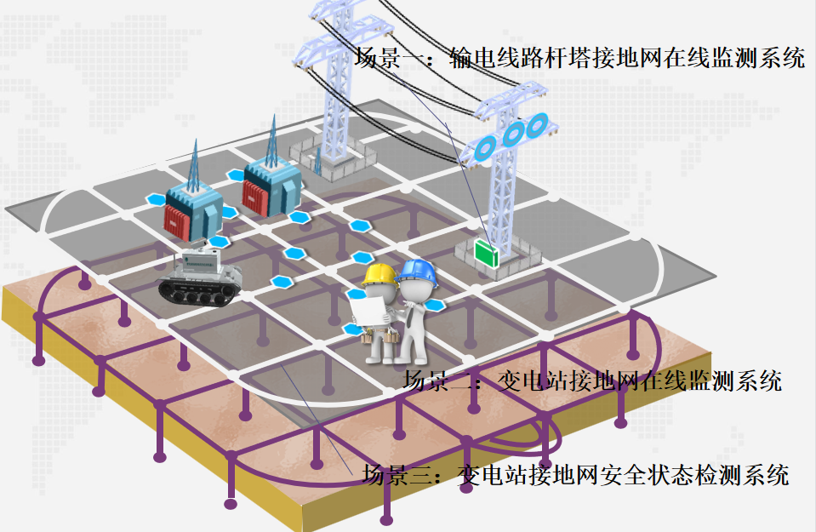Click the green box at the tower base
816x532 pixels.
click(487, 252)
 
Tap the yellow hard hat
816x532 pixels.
click(379, 275)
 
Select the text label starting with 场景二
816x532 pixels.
click(592, 380)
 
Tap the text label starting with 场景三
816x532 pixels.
click(576, 474)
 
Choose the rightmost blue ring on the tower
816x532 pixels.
click(537, 126)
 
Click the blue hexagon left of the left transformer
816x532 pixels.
click(154, 200)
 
